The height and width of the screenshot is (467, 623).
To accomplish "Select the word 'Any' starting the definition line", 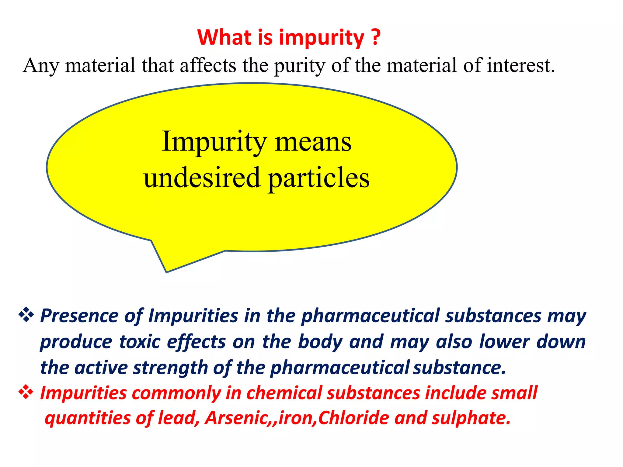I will click(41, 66).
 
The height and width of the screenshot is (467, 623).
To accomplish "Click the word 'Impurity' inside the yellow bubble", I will click(214, 142).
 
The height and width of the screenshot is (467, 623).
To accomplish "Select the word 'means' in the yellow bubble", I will click(313, 142).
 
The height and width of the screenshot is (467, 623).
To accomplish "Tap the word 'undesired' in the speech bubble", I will click(202, 178).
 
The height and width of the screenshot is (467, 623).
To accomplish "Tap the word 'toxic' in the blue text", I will click(140, 342).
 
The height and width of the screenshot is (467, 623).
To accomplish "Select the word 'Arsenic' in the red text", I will click(236, 418).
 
